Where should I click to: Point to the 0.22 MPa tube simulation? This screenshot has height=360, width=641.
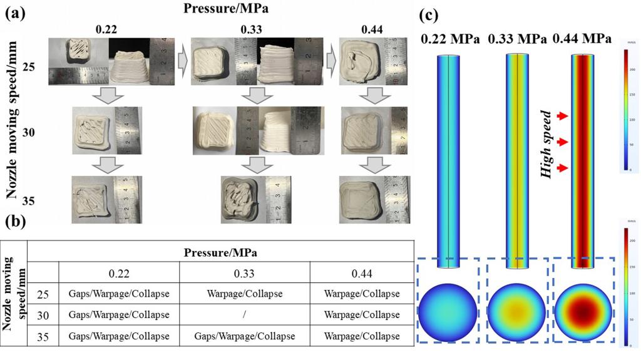pos(449,160)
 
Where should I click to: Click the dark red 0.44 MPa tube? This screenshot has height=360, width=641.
pos(583,160)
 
